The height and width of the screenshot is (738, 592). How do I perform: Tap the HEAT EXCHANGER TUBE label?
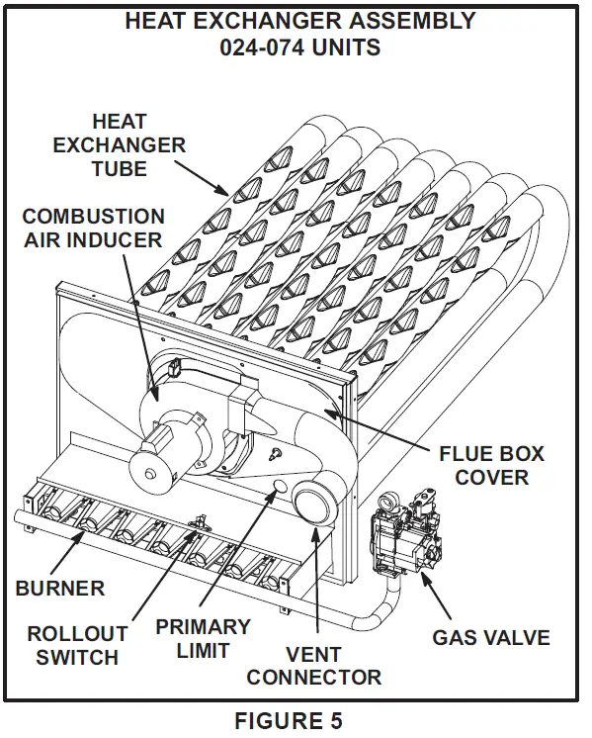click(120, 145)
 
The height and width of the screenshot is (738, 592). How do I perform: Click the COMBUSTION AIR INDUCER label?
click(93, 228)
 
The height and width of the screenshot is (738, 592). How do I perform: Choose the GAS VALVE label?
click(490, 636)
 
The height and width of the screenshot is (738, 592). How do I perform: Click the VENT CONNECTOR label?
click(313, 666)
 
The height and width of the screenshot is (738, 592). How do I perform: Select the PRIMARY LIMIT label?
click(203, 639)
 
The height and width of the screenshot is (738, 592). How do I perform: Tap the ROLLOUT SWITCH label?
click(77, 645)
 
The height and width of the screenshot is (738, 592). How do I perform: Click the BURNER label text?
click(59, 589)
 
